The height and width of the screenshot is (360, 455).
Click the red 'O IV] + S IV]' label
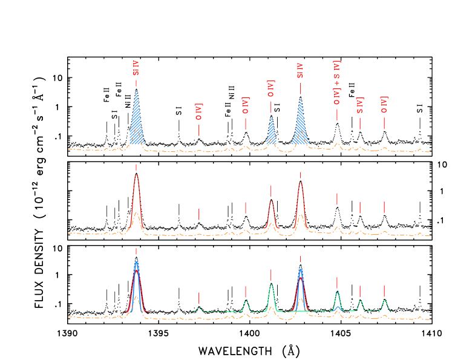[337, 82]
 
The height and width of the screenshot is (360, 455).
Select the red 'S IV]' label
[360, 105]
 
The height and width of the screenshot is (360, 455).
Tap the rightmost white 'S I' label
[420, 108]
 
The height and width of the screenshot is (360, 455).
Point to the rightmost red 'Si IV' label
[300, 71]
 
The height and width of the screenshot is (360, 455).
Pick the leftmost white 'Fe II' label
[107, 94]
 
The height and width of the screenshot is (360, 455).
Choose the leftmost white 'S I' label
[114, 114]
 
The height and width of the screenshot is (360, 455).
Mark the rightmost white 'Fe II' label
[352, 90]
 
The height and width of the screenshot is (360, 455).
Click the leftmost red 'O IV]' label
[198, 111]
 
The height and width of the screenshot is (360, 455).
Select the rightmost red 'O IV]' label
[384, 105]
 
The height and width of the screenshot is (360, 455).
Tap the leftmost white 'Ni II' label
[128, 100]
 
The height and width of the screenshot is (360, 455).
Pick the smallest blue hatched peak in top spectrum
[271, 130]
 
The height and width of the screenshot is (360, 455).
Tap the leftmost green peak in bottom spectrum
[199, 309]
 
